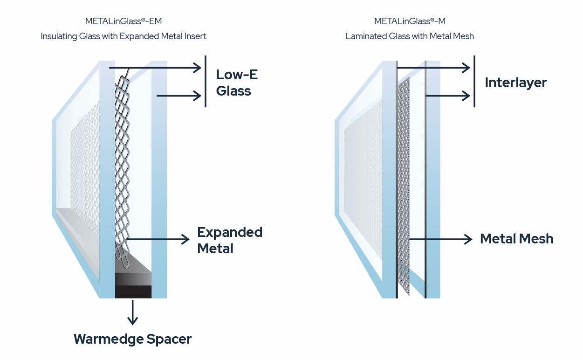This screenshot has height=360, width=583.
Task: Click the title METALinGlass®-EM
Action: [123, 21]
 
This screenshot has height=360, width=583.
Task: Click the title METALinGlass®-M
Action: [410, 21]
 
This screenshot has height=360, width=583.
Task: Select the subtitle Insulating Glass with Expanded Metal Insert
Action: [123, 36]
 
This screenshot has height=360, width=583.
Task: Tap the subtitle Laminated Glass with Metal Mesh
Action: [410, 36]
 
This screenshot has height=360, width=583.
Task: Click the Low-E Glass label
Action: [236, 83]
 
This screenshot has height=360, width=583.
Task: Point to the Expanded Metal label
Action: [229, 240]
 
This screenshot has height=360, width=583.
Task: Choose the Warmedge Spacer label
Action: [132, 339]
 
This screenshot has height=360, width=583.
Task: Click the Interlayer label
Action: [515, 83]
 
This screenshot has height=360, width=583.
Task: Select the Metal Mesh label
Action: [516, 239]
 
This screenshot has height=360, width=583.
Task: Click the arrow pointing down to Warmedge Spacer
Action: [133, 312]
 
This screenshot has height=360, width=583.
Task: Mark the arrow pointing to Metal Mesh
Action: [440, 239]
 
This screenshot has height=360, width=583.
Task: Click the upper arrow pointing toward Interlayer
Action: [433, 68]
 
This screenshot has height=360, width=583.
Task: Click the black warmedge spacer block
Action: [133, 284]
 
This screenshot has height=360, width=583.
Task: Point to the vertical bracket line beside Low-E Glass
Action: [206, 82]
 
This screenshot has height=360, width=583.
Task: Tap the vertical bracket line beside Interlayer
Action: [474, 82]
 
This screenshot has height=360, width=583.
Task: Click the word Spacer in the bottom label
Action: [169, 339]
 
